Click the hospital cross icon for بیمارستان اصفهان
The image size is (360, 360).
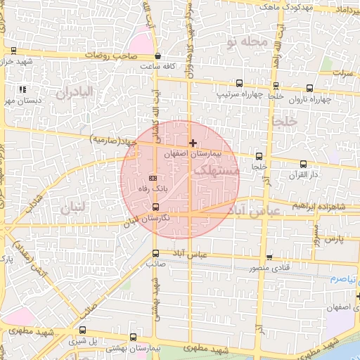(x=193, y=143)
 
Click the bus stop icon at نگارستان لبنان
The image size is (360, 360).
(x=155, y=207)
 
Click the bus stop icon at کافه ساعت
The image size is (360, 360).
(x=157, y=56)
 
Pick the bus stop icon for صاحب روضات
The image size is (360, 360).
(x=14, y=50)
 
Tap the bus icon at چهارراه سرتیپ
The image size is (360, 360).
(x=239, y=83)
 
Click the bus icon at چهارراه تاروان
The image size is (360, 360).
(x=310, y=89)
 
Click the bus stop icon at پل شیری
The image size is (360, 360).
(x=84, y=330)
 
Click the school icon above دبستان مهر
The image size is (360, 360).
(x=23, y=90)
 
